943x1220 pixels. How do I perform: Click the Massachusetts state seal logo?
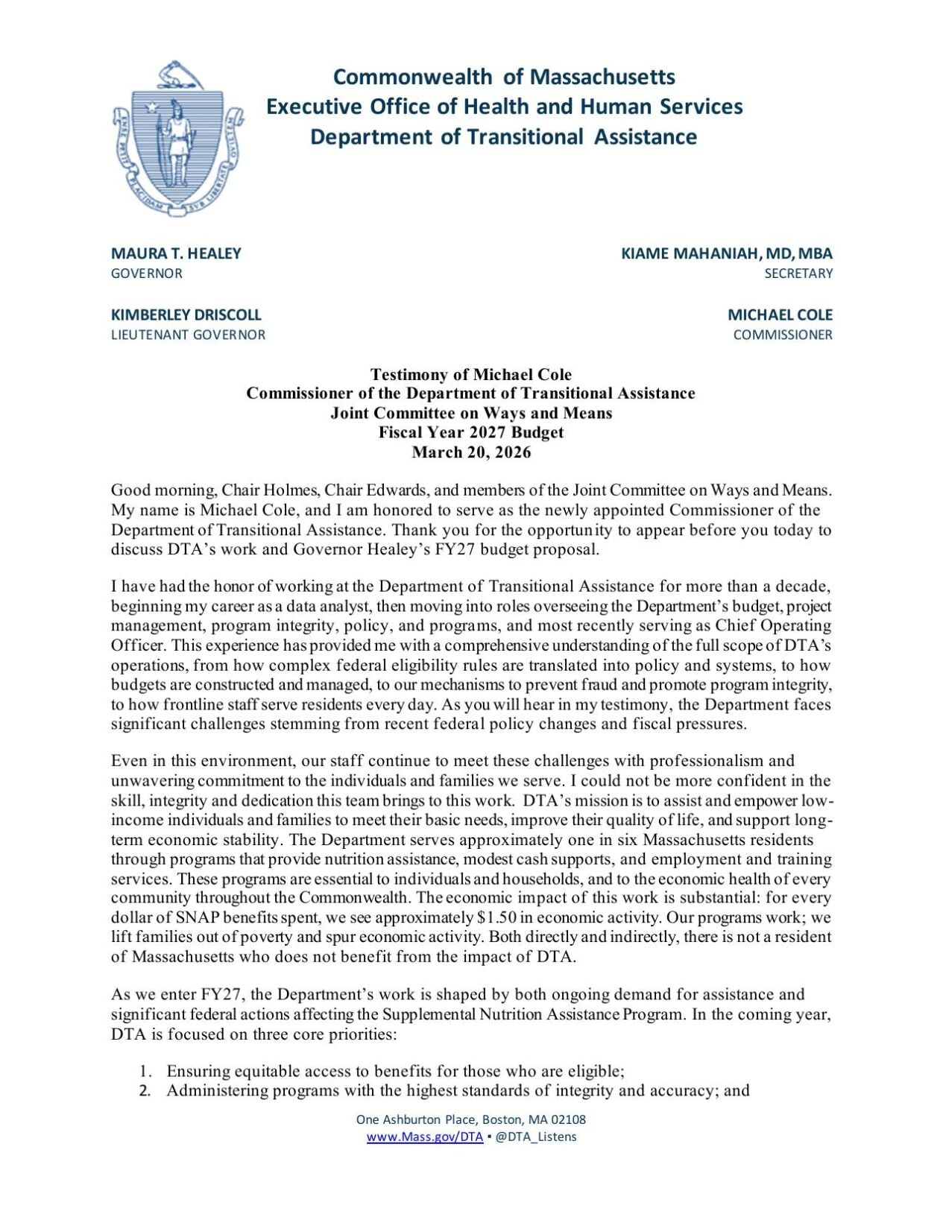pyautogui.click(x=178, y=139)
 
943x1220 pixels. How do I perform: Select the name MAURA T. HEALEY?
pyautogui.click(x=176, y=253)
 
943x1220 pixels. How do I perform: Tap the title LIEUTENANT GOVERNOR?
pyautogui.click(x=188, y=335)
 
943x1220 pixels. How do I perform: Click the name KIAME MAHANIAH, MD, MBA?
pyautogui.click(x=726, y=253)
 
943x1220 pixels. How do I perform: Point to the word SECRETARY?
pyautogui.click(x=798, y=274)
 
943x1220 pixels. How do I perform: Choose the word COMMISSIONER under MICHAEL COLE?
pyautogui.click(x=782, y=335)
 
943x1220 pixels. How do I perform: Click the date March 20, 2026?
pyautogui.click(x=471, y=452)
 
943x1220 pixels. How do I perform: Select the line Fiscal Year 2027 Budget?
pyautogui.click(x=471, y=433)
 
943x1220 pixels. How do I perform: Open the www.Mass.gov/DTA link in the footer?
pyautogui.click(x=424, y=1137)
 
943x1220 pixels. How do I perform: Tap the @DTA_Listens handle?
pyautogui.click(x=535, y=1137)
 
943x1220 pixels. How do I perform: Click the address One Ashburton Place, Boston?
pyautogui.click(x=470, y=1119)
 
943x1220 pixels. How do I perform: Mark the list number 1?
pyautogui.click(x=145, y=1072)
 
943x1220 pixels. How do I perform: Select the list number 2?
pyautogui.click(x=145, y=1091)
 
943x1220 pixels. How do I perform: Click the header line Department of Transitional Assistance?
pyautogui.click(x=503, y=137)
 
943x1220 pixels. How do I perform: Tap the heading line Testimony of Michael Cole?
pyautogui.click(x=471, y=374)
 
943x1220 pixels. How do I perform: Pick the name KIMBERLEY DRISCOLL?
pyautogui.click(x=186, y=315)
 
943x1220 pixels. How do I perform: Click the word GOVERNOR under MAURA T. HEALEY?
pyautogui.click(x=146, y=274)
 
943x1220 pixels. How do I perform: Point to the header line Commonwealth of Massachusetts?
pyautogui.click(x=503, y=77)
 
